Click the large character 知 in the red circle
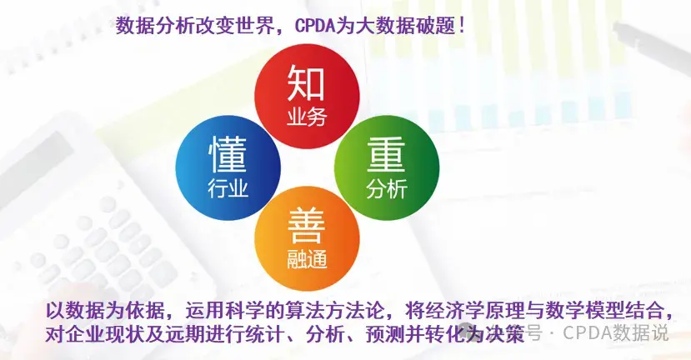click(x=306, y=82)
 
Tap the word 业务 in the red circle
click(x=307, y=117)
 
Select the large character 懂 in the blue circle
click(x=228, y=154)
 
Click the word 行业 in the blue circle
click(x=228, y=188)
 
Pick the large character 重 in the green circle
click(x=386, y=155)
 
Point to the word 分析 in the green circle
click(x=387, y=189)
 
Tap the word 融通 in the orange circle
click(x=308, y=259)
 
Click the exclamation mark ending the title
click(x=461, y=26)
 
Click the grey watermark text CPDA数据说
click(x=616, y=332)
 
